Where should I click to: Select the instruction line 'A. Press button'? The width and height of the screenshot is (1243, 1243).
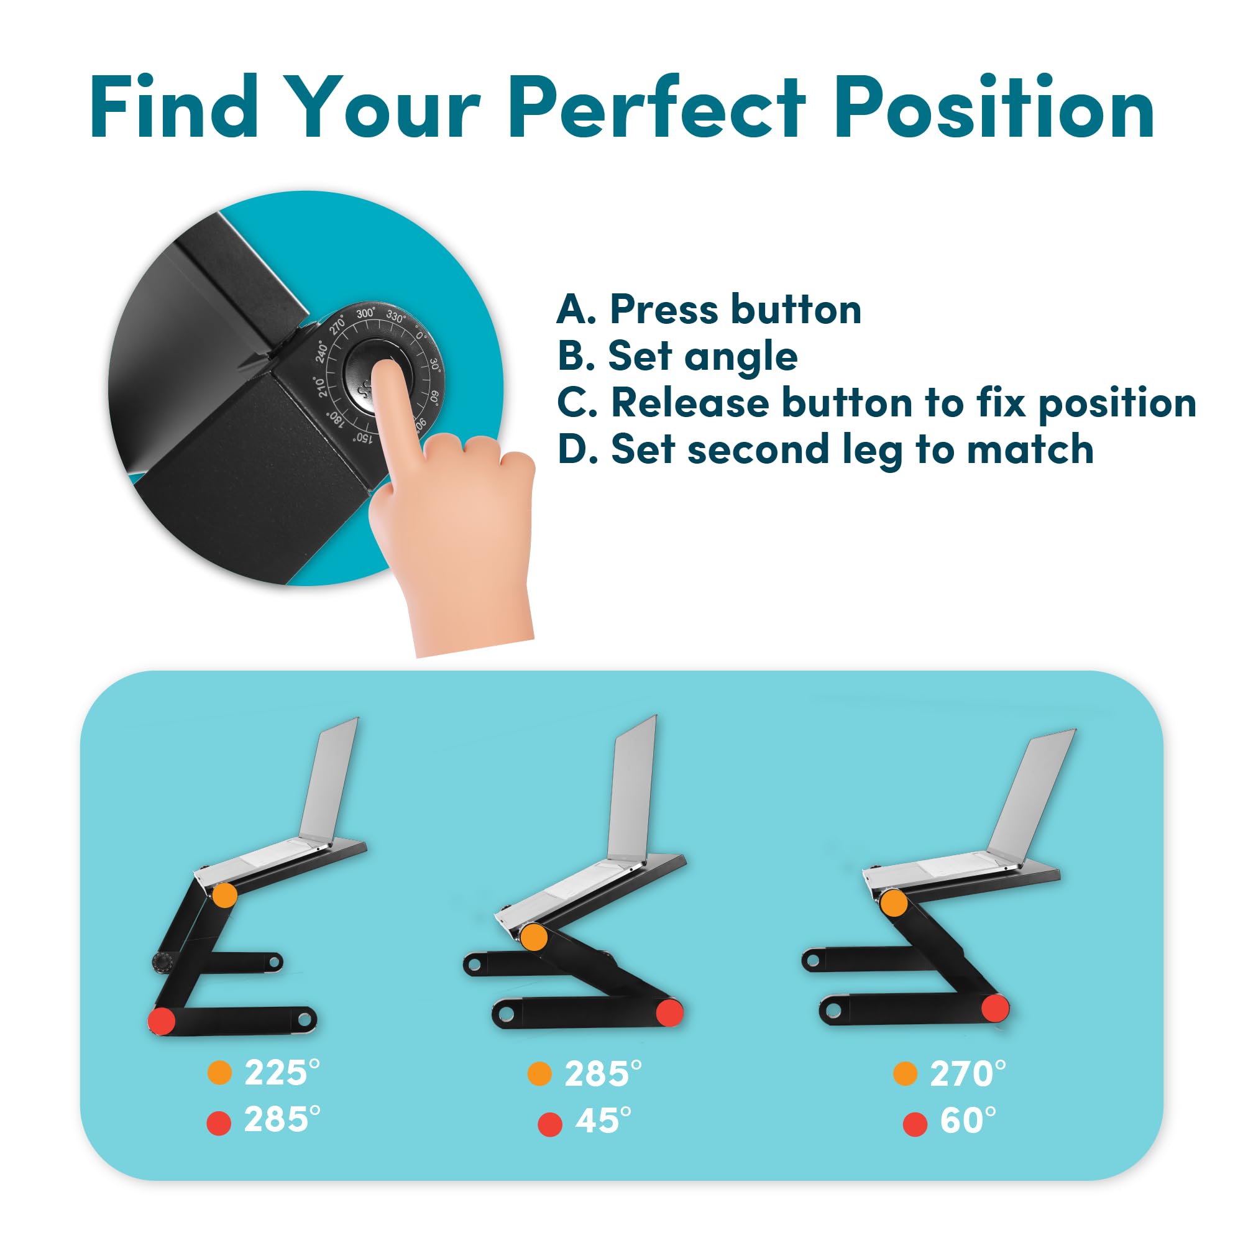coord(709,310)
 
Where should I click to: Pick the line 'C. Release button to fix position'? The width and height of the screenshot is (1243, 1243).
coord(876,403)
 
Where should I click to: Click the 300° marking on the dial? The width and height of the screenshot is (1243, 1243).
coord(365,313)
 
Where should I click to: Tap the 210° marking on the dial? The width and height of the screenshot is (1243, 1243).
coord(321,386)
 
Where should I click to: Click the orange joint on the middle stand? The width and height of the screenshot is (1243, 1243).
coord(533,937)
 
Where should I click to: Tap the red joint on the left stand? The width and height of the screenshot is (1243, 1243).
coord(162,1021)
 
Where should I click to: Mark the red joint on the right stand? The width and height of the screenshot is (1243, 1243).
coord(995,1007)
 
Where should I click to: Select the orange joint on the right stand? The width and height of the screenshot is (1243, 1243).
coord(894,903)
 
